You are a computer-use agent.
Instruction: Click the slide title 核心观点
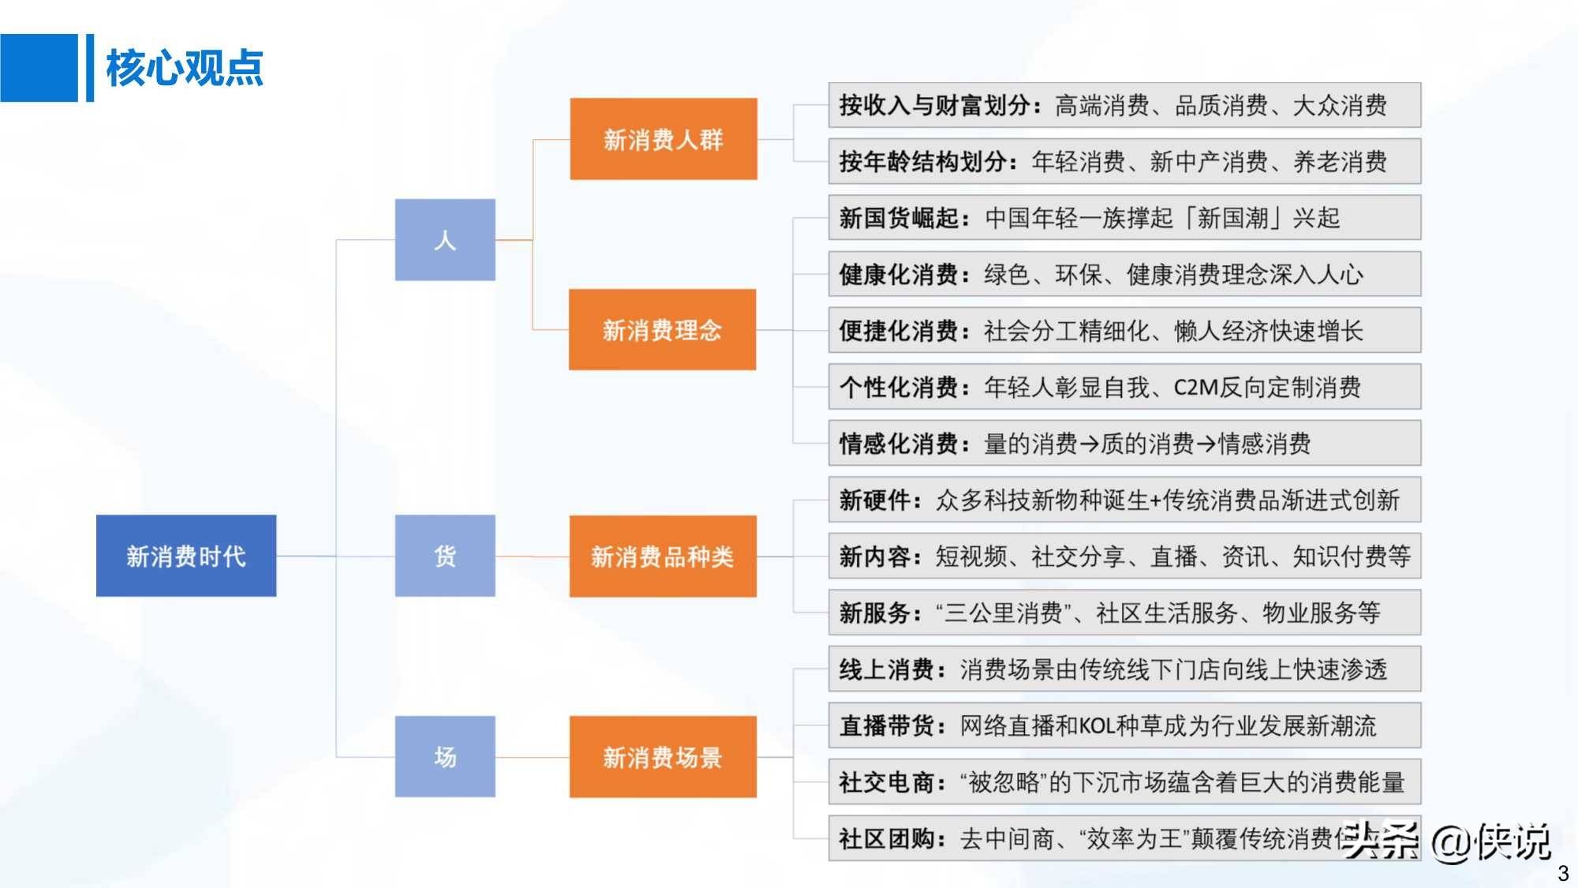(x=185, y=68)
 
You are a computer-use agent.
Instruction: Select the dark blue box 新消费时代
(x=186, y=556)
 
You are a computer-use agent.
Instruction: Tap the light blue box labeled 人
(x=445, y=240)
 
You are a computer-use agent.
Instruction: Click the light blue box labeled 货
(x=445, y=556)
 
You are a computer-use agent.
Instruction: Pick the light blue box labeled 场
(x=445, y=757)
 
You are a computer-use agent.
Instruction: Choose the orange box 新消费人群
(x=664, y=139)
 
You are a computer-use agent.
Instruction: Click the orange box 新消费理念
(x=663, y=330)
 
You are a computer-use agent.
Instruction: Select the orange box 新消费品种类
(x=663, y=556)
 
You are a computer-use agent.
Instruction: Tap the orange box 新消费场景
(x=663, y=757)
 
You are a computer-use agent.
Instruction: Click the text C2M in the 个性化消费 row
(x=1196, y=388)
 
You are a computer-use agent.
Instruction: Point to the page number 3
(x=1563, y=873)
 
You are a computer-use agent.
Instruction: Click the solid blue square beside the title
(x=39, y=68)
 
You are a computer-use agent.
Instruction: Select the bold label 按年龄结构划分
(x=923, y=162)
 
